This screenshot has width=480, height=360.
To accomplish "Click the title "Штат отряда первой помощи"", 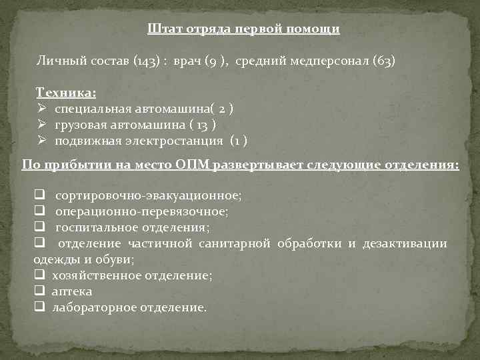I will tap(243, 29).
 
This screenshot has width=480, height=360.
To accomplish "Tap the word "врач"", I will tap(188, 61).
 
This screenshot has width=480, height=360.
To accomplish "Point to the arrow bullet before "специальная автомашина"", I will tap(41, 108).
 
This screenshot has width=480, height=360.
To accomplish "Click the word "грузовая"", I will tap(79, 125).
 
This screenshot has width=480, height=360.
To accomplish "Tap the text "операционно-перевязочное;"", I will tap(142, 211).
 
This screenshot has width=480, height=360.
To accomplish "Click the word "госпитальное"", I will tap(92, 227).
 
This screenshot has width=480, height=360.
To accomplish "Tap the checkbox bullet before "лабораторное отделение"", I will tap(39, 307).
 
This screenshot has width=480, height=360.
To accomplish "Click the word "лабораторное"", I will tap(95, 307).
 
